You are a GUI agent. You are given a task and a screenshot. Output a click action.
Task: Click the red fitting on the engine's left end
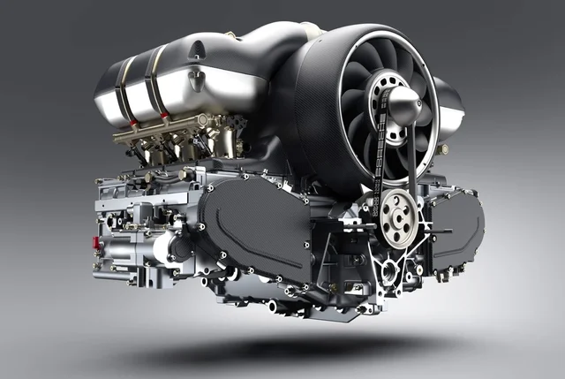click(x=96, y=243)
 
